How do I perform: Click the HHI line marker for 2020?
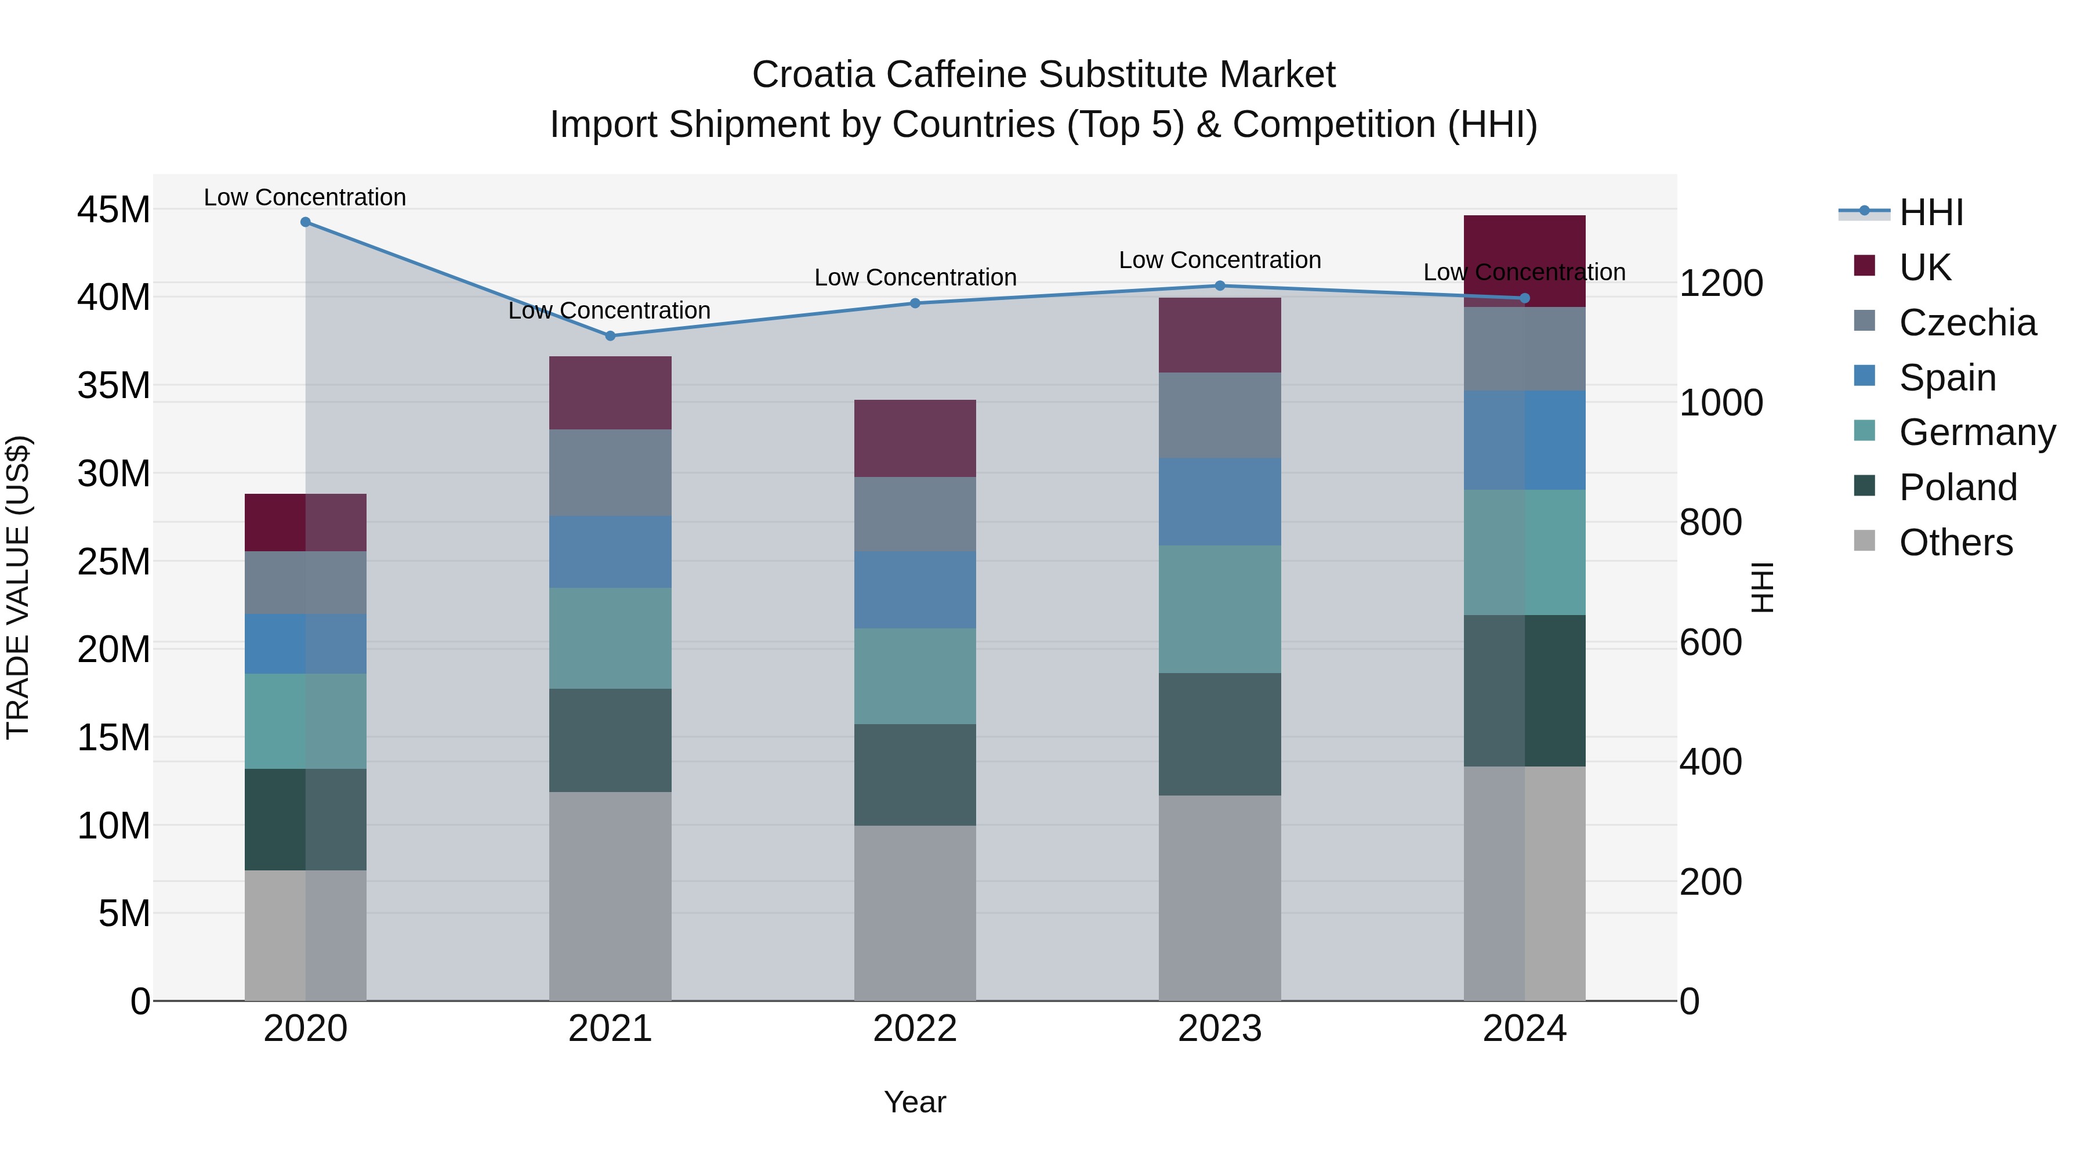click(306, 222)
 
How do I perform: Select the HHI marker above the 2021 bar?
click(610, 336)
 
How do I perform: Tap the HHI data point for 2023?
click(1220, 285)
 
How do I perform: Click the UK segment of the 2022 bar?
click(915, 438)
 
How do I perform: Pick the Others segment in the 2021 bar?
click(610, 896)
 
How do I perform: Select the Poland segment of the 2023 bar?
click(1220, 734)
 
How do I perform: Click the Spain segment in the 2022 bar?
click(915, 590)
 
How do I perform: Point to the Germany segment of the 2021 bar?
click(610, 638)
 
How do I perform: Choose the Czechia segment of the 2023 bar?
click(1220, 415)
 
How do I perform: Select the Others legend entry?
click(1955, 543)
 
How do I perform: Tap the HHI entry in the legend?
click(1931, 212)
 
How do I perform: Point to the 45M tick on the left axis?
click(114, 210)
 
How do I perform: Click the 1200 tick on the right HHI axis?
click(1720, 283)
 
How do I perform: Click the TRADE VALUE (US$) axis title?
click(18, 587)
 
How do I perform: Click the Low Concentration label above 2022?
click(915, 277)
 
